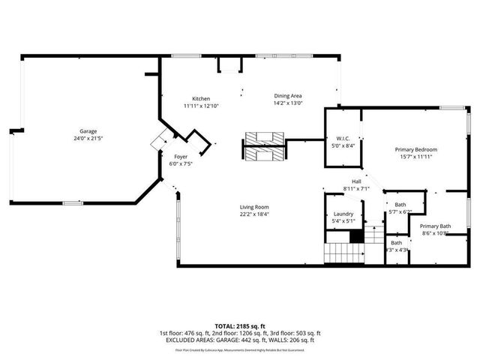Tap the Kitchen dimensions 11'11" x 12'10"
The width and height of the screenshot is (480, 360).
coord(200,106)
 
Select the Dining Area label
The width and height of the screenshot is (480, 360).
coord(287,96)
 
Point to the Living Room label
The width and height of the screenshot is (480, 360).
coord(254,207)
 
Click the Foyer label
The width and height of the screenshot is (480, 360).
coord(171,156)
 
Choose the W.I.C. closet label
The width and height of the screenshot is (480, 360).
coord(343,138)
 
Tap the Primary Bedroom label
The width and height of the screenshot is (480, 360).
coord(415,149)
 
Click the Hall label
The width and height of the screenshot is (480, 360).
coord(357,181)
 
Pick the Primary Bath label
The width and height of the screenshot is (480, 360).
coord(435,226)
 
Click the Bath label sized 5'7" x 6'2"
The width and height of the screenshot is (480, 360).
coord(400,205)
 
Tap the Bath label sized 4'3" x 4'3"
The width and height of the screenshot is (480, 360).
coord(396,242)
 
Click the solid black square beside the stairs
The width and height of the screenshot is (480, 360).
coord(358,237)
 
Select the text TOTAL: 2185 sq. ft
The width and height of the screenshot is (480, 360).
coord(240,326)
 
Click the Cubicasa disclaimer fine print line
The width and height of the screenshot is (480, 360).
coord(240,349)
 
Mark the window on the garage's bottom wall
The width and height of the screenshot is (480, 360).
coord(73,202)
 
